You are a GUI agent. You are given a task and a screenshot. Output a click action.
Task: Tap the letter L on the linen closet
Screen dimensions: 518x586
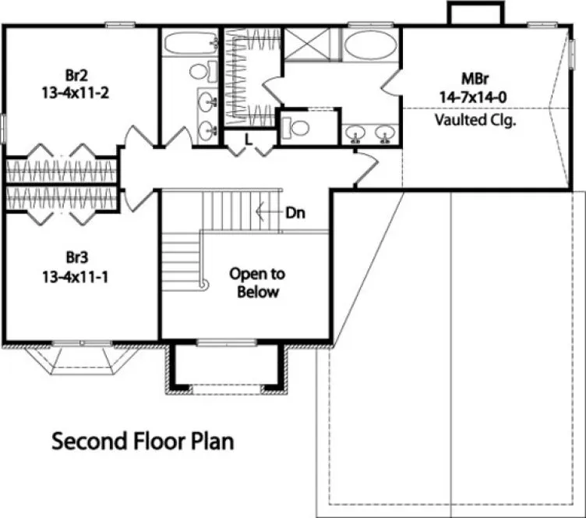coord(248,139)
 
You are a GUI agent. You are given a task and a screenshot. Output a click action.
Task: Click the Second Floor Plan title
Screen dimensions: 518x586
coord(143,441)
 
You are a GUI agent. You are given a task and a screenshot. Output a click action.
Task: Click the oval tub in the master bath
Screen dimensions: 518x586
coord(371,45)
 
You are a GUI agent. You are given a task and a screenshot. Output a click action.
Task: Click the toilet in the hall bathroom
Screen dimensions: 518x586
coord(200,72)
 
